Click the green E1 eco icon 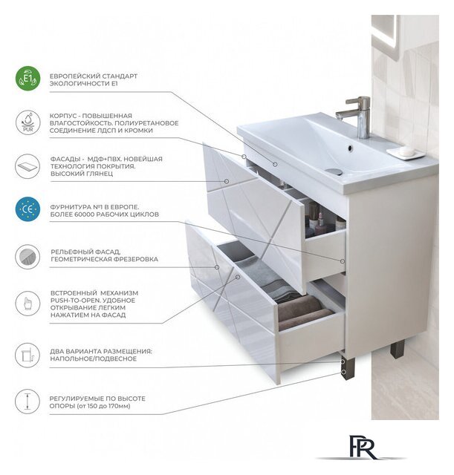(x=27, y=79)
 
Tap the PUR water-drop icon (x=28, y=122)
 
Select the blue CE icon (x=27, y=209)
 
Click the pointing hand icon (x=27, y=304)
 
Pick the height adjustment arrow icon (x=27, y=402)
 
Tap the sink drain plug (x=334, y=171)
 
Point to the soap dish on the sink (x=405, y=153)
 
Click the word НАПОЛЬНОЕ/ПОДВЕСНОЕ (x=93, y=358)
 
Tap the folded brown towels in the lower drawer (x=305, y=312)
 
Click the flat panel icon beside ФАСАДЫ (x=27, y=166)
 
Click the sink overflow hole (x=350, y=148)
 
